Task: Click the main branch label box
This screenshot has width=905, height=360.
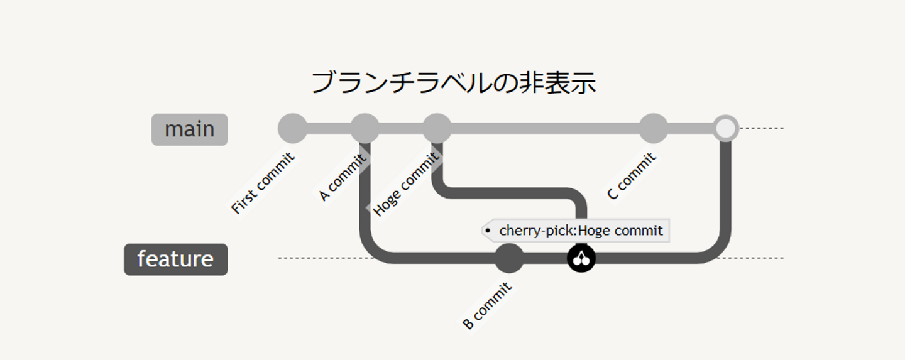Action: [189, 129]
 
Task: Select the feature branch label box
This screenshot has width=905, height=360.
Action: [176, 259]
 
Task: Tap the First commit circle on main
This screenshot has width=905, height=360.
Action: [292, 128]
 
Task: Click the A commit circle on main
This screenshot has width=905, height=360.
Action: [365, 128]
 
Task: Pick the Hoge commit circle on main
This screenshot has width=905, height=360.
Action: [437, 128]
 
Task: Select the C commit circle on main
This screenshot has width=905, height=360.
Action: [653, 128]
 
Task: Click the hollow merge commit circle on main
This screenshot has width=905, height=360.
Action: [725, 128]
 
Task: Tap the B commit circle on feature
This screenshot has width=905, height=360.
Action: [509, 258]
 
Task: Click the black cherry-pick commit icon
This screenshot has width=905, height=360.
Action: [581, 258]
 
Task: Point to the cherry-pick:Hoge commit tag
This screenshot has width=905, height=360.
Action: [576, 231]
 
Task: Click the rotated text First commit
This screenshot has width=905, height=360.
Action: [263, 183]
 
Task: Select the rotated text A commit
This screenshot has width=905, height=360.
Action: [343, 178]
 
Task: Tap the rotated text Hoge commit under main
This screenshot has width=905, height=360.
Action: [405, 184]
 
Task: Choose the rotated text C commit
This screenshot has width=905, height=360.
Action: [632, 177]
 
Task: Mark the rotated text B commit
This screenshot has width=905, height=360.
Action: [487, 306]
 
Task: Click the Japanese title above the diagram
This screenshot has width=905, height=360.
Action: [453, 83]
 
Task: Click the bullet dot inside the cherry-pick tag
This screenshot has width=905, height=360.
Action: [488, 231]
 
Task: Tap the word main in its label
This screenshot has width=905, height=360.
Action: [189, 129]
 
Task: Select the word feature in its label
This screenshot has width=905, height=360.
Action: [176, 259]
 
